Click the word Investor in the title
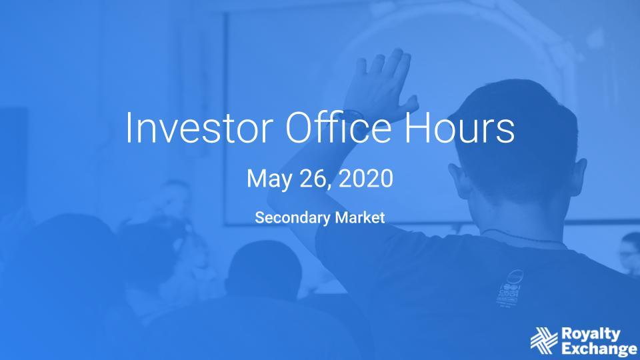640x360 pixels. click(199, 127)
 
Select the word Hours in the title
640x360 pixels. click(459, 127)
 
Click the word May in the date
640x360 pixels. click(270, 179)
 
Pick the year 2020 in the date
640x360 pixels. click(366, 179)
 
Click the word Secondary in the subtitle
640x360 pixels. click(293, 217)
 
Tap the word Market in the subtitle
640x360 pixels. click(360, 217)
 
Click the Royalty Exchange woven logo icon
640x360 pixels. click(544, 341)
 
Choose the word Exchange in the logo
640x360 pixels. click(599, 349)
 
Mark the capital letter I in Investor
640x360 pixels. click(128, 127)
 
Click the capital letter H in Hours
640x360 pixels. click(416, 127)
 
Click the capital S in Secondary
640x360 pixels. click(259, 217)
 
